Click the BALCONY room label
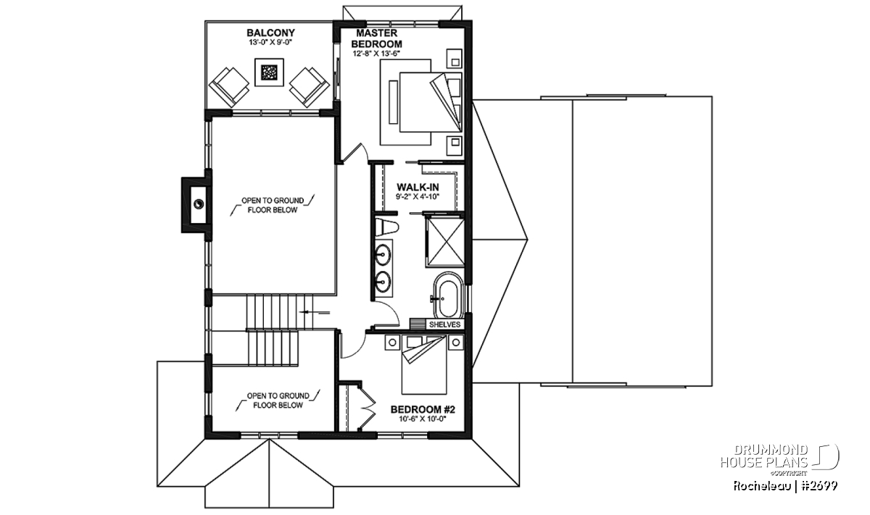tap(270, 33)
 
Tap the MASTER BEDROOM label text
tap(376, 38)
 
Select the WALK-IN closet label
tap(418, 188)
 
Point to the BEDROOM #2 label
tap(423, 409)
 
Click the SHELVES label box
tap(444, 325)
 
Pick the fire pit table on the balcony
tap(269, 72)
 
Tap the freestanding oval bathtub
tap(449, 295)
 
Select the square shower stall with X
tap(444, 242)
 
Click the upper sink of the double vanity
tap(383, 254)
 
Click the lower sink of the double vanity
tap(383, 280)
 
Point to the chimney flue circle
tap(199, 204)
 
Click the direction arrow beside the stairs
tap(314, 312)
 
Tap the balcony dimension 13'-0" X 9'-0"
tap(270, 43)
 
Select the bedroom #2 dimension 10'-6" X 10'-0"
tap(423, 419)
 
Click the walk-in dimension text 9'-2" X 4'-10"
tap(418, 197)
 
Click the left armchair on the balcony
tap(229, 87)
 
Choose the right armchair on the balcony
tap(310, 87)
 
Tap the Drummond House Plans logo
tap(779, 460)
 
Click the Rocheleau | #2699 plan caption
tap(785, 486)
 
